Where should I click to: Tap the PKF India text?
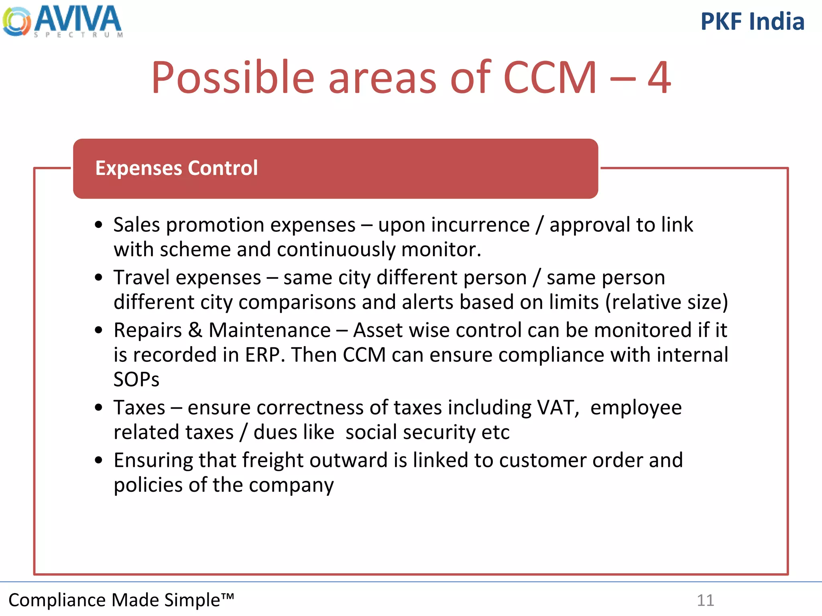[x=752, y=22]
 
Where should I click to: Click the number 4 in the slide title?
[x=659, y=77]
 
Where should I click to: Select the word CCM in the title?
[x=550, y=77]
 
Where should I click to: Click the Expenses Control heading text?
[x=176, y=168]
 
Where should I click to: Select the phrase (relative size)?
[x=666, y=302]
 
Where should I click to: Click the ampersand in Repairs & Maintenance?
[x=195, y=330]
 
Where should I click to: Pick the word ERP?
[x=262, y=355]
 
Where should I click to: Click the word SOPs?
[x=136, y=379]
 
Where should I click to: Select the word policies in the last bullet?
[x=149, y=485]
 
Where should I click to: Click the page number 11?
[x=705, y=600]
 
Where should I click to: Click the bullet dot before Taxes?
[x=99, y=408]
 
